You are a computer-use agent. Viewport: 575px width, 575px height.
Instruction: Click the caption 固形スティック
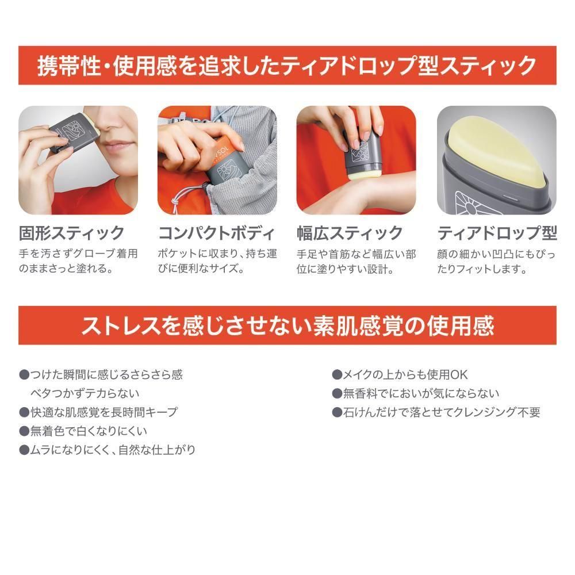tap(72, 233)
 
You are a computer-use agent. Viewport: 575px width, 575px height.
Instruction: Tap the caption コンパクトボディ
tap(216, 233)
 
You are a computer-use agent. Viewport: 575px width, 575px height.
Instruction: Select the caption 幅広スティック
tap(350, 233)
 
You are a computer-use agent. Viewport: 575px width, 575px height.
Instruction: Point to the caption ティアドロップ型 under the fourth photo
tap(497, 233)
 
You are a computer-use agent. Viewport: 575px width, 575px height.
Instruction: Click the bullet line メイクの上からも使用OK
tap(400, 375)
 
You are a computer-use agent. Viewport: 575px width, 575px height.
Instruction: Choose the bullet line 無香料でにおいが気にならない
tap(416, 393)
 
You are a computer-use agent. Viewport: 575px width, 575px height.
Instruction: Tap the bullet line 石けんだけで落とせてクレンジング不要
tap(436, 412)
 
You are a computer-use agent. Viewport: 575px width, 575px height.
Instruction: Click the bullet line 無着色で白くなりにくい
tap(83, 431)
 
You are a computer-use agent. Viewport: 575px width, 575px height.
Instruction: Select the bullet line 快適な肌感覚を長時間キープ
tap(98, 412)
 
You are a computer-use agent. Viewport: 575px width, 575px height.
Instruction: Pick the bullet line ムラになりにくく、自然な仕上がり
tap(108, 450)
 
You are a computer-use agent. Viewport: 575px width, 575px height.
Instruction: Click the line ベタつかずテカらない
tap(85, 393)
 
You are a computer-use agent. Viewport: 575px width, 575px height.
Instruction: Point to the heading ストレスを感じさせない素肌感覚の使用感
tap(287, 325)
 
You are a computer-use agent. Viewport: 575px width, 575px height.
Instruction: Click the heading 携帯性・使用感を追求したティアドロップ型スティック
tap(287, 66)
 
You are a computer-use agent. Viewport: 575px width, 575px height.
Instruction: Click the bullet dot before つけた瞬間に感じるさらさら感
tap(24, 375)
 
